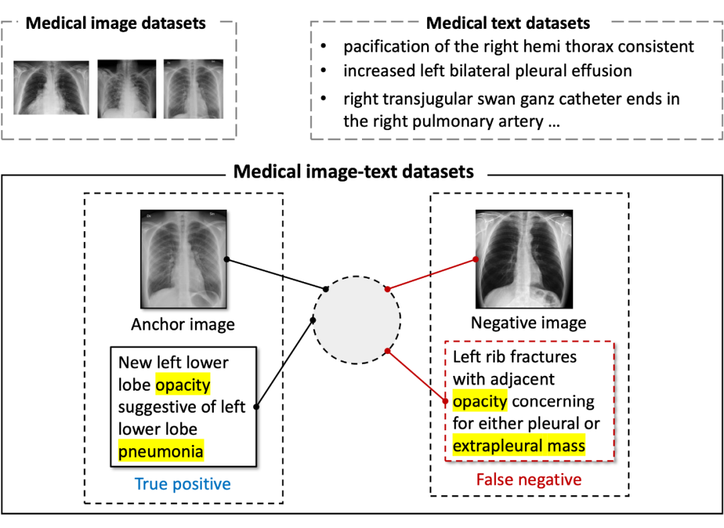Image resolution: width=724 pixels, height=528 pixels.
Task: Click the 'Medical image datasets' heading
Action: (115, 23)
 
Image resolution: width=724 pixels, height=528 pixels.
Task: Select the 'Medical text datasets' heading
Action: (508, 23)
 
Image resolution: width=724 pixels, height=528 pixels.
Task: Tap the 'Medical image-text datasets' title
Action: (353, 172)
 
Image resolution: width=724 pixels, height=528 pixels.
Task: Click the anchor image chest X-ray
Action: (184, 259)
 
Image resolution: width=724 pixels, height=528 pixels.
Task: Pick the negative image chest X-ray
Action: (524, 259)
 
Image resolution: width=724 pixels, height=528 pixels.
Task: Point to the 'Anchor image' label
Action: (183, 325)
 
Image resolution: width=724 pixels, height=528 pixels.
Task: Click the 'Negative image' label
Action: (528, 323)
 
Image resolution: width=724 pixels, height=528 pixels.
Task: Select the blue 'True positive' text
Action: (182, 484)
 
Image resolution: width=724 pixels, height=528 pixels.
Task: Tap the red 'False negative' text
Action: (529, 480)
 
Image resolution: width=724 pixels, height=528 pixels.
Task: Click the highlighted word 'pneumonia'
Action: (161, 452)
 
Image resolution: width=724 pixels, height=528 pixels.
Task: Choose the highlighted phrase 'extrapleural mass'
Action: (519, 446)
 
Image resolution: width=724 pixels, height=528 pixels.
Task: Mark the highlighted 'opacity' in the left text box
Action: (183, 385)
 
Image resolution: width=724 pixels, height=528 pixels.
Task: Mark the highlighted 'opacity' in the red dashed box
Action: (480, 401)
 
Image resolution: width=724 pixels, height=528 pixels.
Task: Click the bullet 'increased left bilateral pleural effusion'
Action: (487, 70)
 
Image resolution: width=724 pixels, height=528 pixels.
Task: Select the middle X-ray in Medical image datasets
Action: (127, 89)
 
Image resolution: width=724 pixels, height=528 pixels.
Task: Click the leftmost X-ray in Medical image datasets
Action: (51, 89)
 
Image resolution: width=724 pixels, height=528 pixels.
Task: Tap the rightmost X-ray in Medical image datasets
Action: (193, 89)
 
